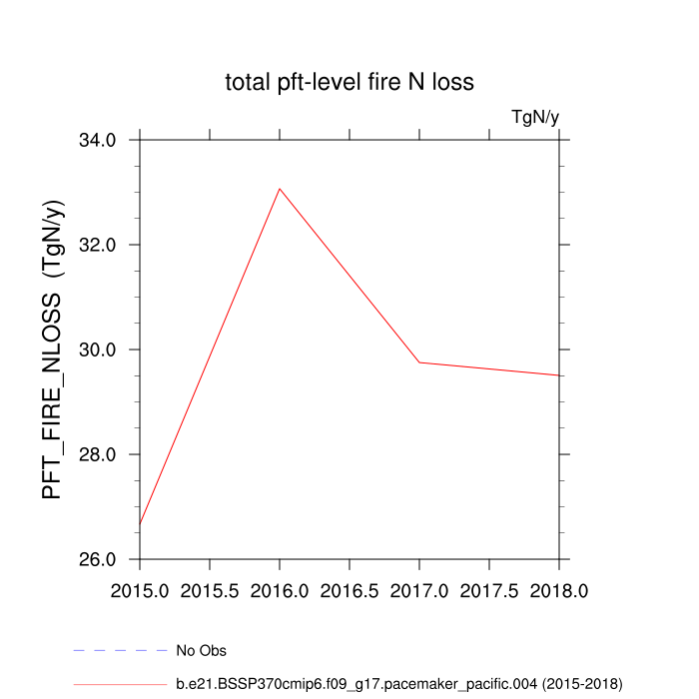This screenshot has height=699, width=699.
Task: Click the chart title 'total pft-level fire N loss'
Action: (349, 82)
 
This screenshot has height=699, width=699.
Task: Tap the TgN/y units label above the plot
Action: (535, 117)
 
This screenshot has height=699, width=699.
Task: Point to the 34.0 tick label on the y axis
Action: (98, 140)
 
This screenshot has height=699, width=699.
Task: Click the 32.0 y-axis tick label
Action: (98, 245)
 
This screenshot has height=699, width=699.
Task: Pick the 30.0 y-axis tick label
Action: (98, 349)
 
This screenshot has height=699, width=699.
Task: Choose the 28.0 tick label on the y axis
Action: (98, 454)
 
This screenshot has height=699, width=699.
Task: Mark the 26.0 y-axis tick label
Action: (98, 559)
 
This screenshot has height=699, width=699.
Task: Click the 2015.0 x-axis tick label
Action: (140, 591)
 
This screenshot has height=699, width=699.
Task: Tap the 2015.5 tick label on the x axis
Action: (210, 591)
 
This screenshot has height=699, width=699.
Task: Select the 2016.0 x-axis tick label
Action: (280, 591)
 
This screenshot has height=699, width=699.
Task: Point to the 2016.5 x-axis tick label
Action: (349, 591)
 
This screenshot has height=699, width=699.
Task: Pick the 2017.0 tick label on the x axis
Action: (419, 591)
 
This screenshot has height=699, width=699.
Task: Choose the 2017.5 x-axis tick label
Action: (489, 591)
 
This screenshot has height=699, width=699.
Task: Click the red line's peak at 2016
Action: (280, 188)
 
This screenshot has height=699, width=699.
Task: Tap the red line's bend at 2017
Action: (419, 362)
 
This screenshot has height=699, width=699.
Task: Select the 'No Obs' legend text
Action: (201, 651)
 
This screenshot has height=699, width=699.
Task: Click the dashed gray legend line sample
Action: (120, 651)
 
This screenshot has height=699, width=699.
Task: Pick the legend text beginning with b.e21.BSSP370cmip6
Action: (398, 684)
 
